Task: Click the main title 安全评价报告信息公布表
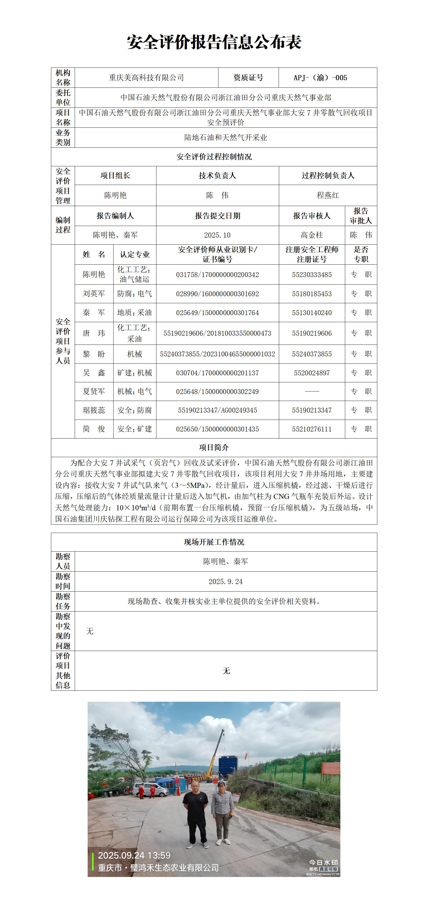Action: (214, 42)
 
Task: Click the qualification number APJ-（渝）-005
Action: (320, 78)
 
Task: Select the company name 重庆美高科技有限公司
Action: (146, 78)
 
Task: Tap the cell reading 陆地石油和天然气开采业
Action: (226, 138)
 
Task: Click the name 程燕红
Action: (328, 195)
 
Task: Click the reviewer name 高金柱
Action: (311, 235)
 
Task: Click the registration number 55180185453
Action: (311, 293)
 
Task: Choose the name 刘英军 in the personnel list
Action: (94, 293)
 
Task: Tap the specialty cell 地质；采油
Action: (135, 313)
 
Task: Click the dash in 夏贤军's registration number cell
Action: (311, 392)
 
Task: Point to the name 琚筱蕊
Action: (94, 410)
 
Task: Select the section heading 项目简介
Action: (214, 447)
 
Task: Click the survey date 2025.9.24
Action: (226, 582)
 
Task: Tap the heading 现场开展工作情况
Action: (214, 542)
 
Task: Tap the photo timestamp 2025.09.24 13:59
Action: (134, 855)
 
